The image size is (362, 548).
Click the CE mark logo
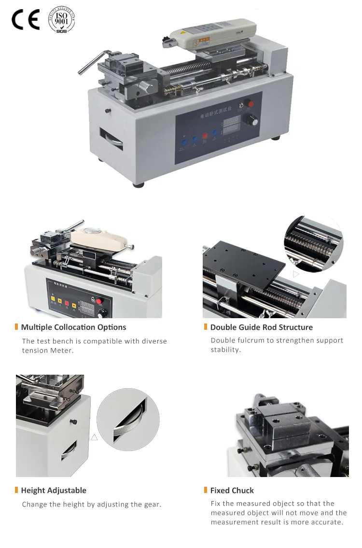pyautogui.click(x=25, y=19)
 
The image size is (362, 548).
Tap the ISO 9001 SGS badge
pyautogui.click(x=62, y=19)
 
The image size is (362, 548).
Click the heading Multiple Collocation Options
pyautogui.click(x=73, y=327)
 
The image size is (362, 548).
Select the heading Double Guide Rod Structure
pyautogui.click(x=261, y=327)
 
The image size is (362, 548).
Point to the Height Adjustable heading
pyautogui.click(x=54, y=490)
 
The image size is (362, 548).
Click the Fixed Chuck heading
pyautogui.click(x=232, y=490)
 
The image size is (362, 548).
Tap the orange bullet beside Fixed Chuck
pyautogui.click(x=206, y=490)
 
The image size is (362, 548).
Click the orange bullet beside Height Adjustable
pyautogui.click(x=16, y=490)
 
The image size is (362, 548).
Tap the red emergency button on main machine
pyautogui.click(x=249, y=103)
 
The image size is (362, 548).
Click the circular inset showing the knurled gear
pyautogui.click(x=128, y=417)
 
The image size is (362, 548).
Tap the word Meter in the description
pyautogui.click(x=62, y=351)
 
